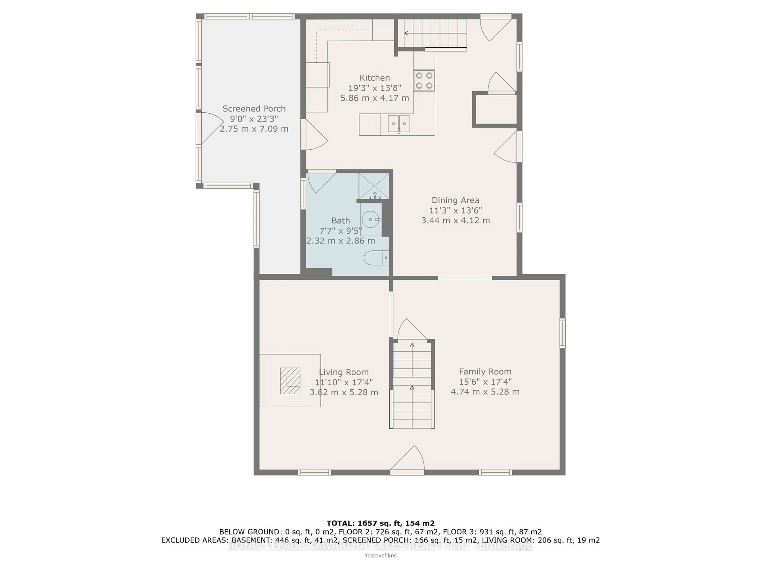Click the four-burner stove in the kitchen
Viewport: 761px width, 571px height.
[424, 80]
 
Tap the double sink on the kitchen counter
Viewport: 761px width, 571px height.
[399, 124]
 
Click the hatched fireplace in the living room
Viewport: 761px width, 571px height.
[290, 381]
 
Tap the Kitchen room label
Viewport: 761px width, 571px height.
[375, 78]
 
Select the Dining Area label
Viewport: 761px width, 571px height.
[455, 200]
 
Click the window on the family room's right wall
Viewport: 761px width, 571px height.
[562, 333]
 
